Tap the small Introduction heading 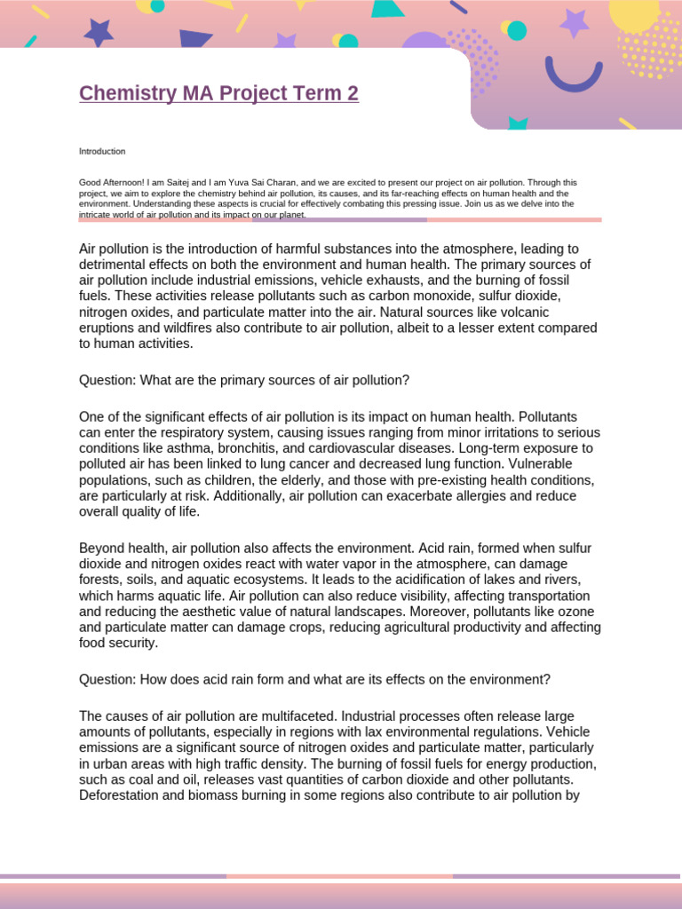pos(102,152)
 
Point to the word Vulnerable pos(539,464)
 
